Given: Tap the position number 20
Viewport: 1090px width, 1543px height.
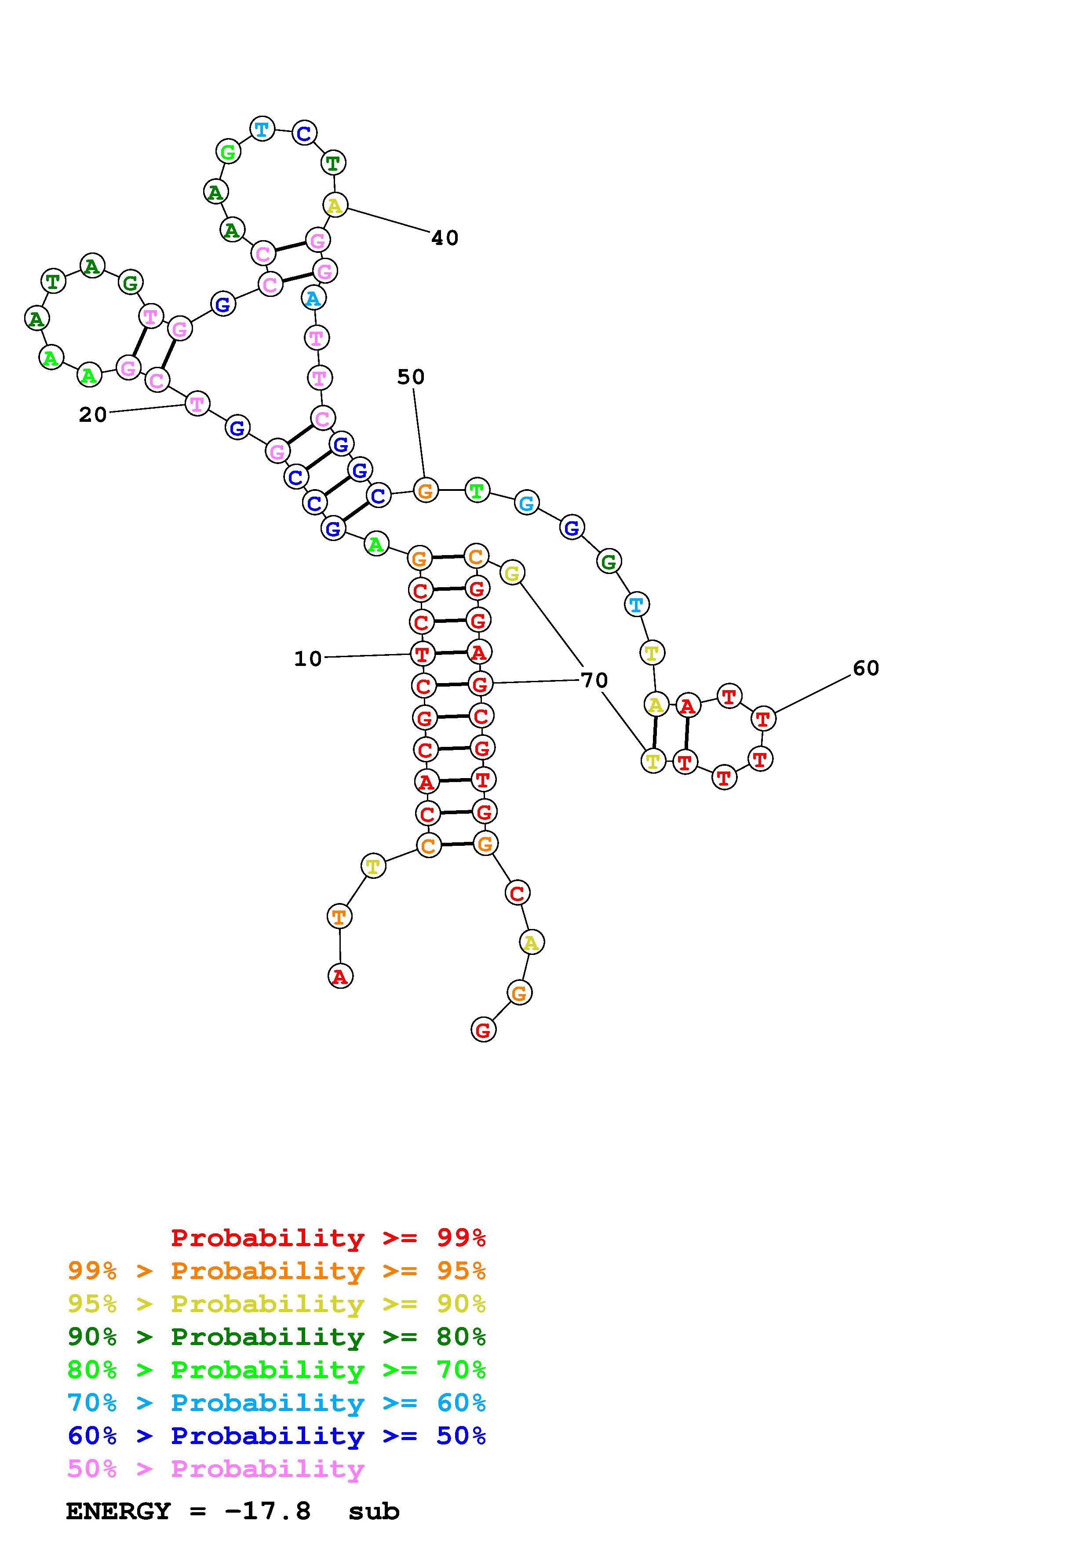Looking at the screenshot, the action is tap(93, 415).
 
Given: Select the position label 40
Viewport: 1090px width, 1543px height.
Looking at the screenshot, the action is tap(445, 238).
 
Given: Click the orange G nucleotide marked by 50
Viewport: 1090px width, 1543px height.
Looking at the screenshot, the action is tap(425, 490).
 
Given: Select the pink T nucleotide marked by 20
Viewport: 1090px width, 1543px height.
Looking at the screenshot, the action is tap(197, 404).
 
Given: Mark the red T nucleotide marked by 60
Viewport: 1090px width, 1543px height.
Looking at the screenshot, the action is tap(763, 719).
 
